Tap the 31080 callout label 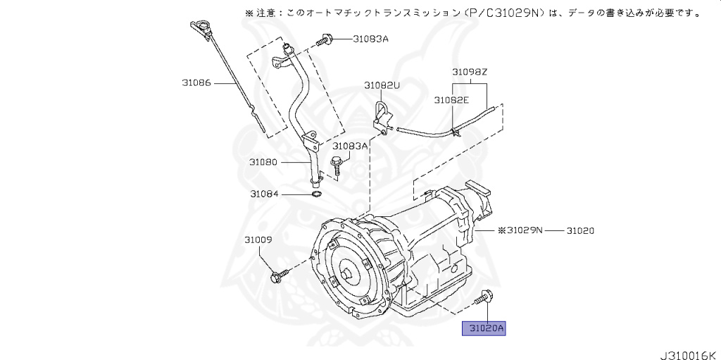264,162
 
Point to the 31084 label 264,194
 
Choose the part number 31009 258,240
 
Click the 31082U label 382,85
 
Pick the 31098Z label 470,72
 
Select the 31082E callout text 451,101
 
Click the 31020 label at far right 582,230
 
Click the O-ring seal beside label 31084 316,194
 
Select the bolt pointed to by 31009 278,277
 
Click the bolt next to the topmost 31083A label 324,41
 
